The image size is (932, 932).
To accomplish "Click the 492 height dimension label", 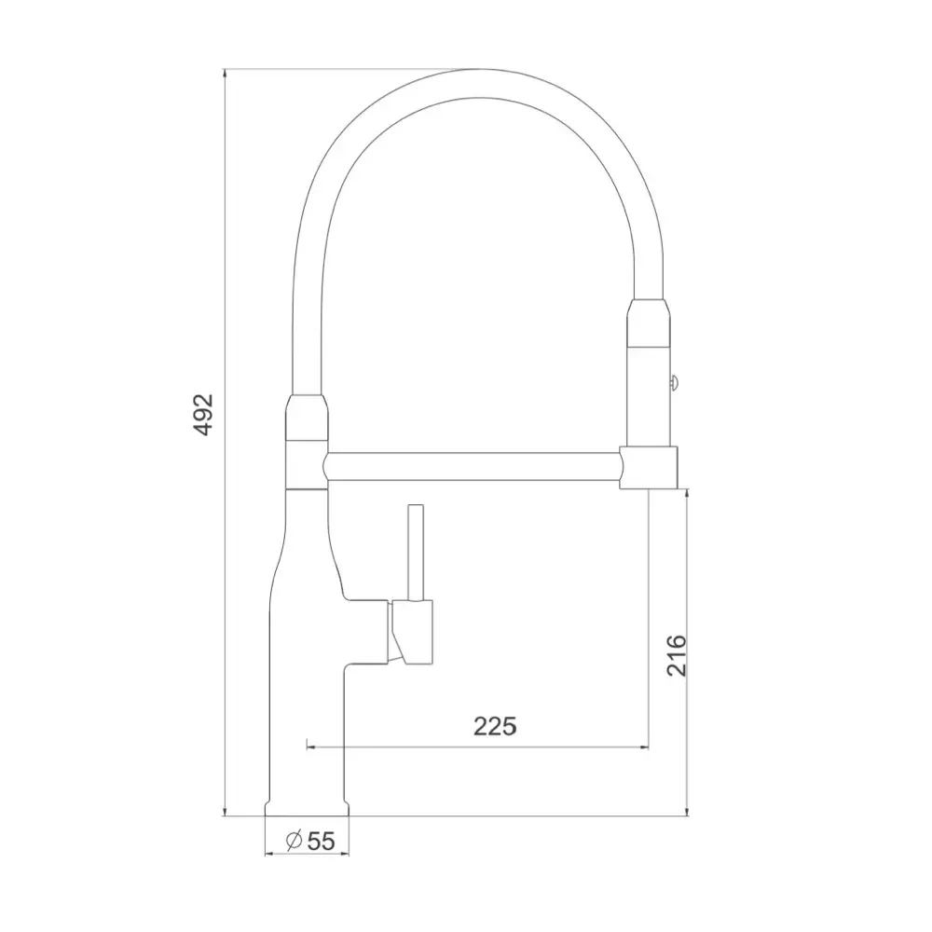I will coord(203,415).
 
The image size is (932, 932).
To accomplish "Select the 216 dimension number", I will coord(677,655).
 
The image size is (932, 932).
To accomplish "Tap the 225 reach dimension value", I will coord(495,725).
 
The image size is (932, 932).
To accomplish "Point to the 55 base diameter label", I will coord(321,841).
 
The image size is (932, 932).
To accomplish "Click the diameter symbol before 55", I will coord(293,841).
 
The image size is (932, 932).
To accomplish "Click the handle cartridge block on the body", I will coord(412,631).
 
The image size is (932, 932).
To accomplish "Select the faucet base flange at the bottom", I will coord(307,807).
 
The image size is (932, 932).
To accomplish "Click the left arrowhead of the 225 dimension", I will coord(311,747).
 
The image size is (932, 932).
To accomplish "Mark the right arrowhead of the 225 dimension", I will coord(644,747).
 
